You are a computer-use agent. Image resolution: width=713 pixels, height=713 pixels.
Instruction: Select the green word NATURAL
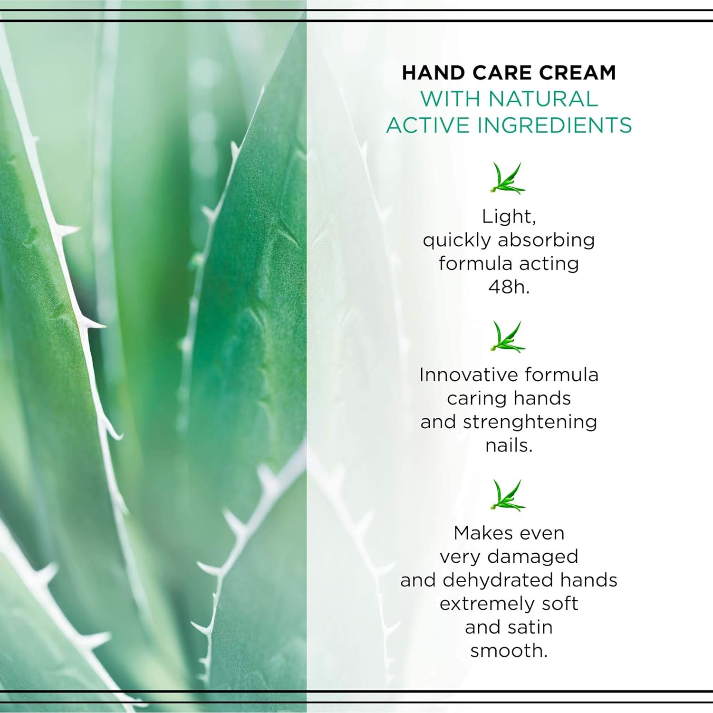[543, 99]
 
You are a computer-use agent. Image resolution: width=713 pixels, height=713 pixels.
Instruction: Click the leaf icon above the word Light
[508, 178]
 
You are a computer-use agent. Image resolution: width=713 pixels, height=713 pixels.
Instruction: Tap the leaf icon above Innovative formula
[508, 337]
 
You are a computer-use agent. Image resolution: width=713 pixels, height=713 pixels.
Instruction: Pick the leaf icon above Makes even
[508, 495]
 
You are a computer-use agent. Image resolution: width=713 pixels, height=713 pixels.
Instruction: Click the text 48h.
[509, 287]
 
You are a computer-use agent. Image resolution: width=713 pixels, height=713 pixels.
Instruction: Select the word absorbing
[546, 241]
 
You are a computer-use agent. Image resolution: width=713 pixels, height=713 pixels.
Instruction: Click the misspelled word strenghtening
[530, 423]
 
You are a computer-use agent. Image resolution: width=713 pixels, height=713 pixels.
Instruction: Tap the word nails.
[509, 445]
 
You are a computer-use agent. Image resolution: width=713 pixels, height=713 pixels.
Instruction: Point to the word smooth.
[509, 651]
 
